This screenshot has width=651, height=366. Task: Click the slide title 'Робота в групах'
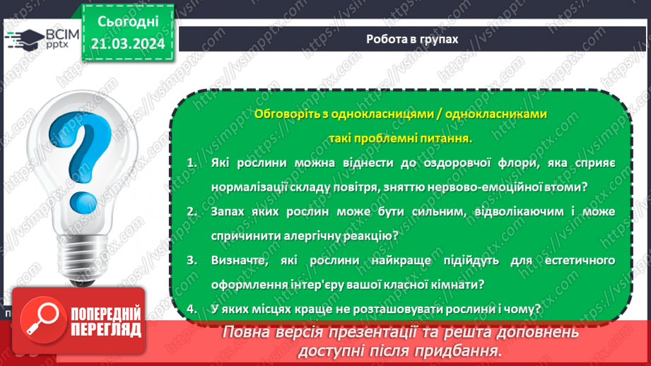(412, 40)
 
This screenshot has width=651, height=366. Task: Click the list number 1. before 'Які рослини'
(192, 163)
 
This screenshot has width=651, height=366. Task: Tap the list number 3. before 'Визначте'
(192, 260)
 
